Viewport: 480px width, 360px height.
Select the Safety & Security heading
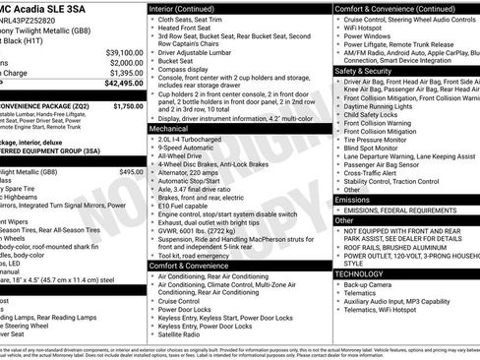362,71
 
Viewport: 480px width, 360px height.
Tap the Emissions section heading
353,199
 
